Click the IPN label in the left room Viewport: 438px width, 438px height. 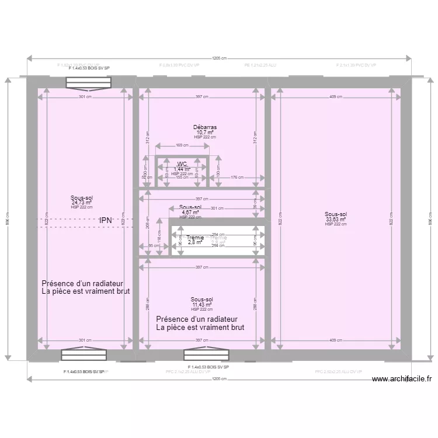click(x=106, y=220)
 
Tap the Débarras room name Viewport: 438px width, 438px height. click(x=205, y=127)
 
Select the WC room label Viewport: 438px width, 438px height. click(x=182, y=164)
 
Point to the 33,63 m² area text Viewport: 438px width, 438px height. click(x=336, y=220)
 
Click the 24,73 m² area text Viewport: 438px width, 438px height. click(x=82, y=203)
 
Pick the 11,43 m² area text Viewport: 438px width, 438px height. click(x=203, y=305)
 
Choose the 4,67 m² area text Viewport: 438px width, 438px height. click(x=190, y=213)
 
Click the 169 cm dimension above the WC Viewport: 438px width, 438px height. click(x=182, y=145)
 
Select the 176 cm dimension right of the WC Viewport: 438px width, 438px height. click(x=237, y=178)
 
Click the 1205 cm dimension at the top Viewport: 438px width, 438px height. click(x=219, y=58)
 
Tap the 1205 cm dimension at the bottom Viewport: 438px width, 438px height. click(x=219, y=379)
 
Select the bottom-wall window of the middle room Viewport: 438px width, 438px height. click(x=207, y=355)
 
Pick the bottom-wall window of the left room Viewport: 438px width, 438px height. click(x=85, y=355)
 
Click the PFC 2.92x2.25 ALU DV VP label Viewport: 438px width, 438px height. click(x=339, y=371)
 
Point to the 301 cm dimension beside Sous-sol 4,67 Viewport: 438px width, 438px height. click(x=217, y=208)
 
